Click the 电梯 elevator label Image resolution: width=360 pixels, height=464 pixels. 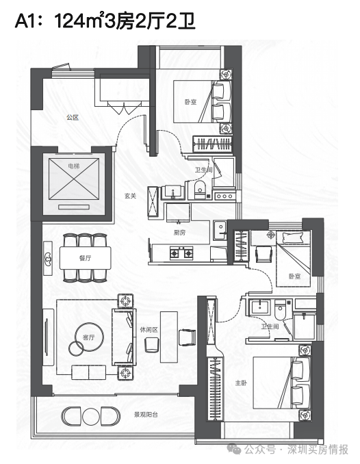pyautogui.click(x=74, y=166)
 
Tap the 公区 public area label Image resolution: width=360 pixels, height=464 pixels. pyautogui.click(x=73, y=118)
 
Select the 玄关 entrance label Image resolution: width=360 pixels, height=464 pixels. pyautogui.click(x=130, y=196)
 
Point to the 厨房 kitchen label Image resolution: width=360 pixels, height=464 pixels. pyautogui.click(x=179, y=232)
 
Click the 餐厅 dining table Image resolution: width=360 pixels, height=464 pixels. pyautogui.click(x=86, y=258)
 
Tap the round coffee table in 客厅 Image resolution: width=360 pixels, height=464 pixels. pyautogui.click(x=89, y=337)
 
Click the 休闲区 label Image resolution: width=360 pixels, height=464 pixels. pyautogui.click(x=149, y=329)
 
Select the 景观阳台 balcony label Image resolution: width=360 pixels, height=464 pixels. pyautogui.click(x=146, y=414)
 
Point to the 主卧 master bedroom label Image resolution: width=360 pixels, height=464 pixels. pyautogui.click(x=241, y=383)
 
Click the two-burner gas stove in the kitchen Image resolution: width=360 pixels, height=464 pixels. pyautogui.click(x=181, y=253)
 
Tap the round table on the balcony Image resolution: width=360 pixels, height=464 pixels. pyautogui.click(x=90, y=416)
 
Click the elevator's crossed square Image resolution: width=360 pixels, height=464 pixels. pyautogui.click(x=74, y=179)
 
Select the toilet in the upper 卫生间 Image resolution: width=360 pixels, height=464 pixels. pyautogui.click(x=200, y=190)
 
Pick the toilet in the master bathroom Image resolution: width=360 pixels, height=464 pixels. pyautogui.click(x=280, y=309)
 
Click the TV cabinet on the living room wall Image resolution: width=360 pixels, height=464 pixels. pyautogui.click(x=48, y=337)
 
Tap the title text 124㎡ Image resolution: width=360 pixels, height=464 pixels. pyautogui.click(x=79, y=21)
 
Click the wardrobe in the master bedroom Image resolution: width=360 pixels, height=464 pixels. pyautogui.click(x=215, y=388)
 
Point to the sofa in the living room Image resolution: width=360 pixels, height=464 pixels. pyautogui.click(x=123, y=337)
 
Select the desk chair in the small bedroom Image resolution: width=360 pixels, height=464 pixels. pyautogui.click(x=264, y=254)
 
